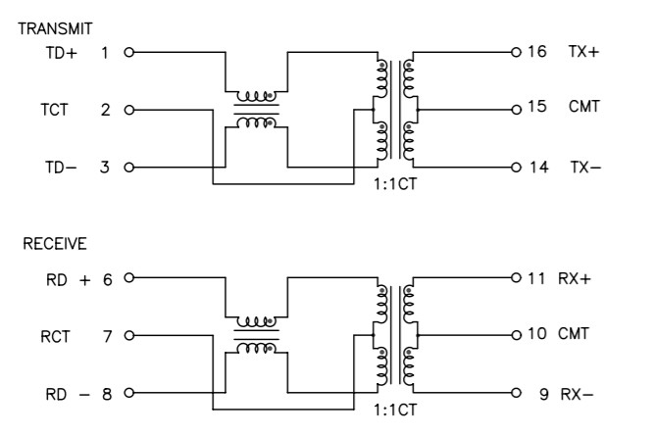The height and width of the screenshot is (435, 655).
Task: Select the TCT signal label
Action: (57, 110)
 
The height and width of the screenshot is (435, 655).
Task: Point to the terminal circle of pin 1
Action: (128, 52)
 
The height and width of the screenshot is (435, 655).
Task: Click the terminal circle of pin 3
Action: (128, 167)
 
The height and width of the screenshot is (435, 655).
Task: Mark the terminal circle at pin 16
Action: (514, 52)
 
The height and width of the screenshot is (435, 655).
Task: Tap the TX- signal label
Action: (585, 168)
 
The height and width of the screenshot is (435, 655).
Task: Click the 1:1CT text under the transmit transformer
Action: (396, 182)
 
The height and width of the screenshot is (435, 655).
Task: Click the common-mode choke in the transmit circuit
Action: (255, 110)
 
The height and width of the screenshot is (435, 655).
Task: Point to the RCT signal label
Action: (57, 336)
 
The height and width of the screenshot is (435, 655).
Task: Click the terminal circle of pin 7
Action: (128, 336)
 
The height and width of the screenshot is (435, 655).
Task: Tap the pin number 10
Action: (536, 333)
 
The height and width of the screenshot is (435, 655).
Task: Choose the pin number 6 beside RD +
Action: (107, 279)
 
